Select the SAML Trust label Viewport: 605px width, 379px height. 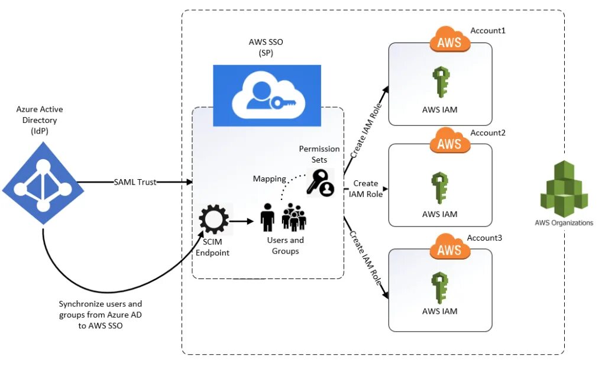click(135, 182)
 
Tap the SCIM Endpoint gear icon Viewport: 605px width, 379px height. click(213, 220)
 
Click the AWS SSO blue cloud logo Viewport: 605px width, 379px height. click(267, 95)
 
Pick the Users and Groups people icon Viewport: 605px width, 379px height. click(285, 217)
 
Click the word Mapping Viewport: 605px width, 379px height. click(270, 179)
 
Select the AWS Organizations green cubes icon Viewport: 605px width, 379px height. click(563, 188)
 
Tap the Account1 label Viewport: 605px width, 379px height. click(488, 30)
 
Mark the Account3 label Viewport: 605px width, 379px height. click(485, 238)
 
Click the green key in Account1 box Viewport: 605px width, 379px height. click(441, 83)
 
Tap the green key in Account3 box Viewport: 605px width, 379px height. click(441, 287)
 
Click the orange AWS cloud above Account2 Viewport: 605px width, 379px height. click(450, 143)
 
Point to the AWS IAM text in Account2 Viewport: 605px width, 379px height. click(441, 214)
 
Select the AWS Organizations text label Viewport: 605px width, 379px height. click(564, 223)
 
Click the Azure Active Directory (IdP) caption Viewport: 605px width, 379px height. click(40, 120)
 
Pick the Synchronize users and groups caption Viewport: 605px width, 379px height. click(101, 315)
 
